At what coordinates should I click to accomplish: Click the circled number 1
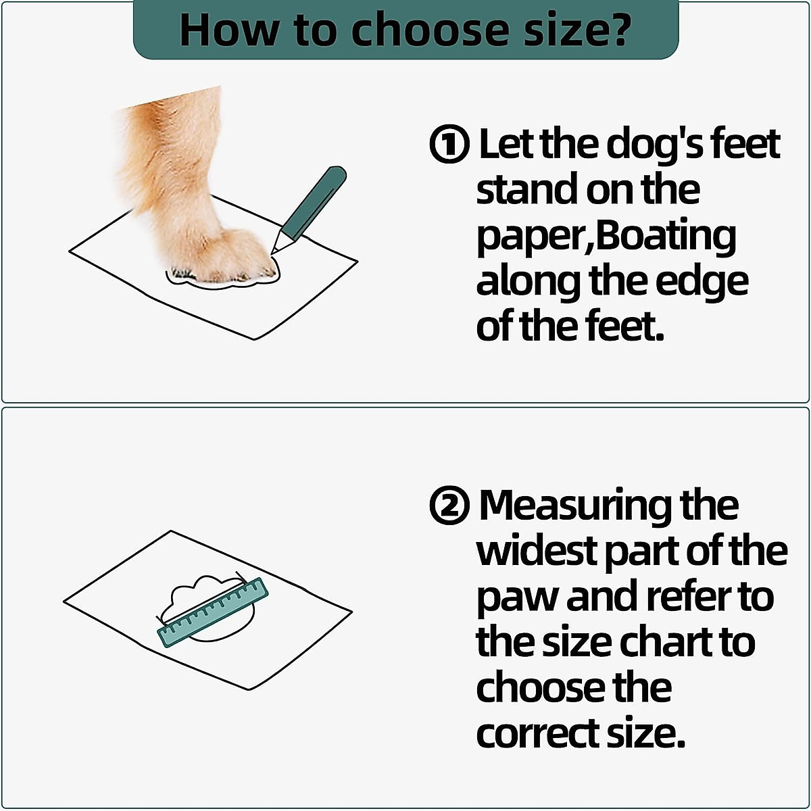pos(449,145)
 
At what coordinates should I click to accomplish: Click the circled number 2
pos(449,506)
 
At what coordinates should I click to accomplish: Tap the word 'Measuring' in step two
pos(574,506)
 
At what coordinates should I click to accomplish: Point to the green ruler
pos(213,612)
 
